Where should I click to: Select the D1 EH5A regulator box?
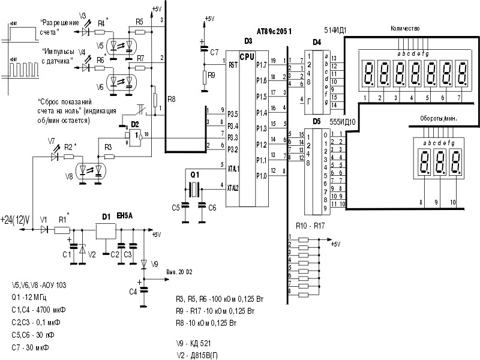106,231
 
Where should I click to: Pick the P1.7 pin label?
261,64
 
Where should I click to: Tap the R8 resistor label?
172,98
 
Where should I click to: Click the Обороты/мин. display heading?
433,119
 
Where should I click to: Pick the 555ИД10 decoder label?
344,121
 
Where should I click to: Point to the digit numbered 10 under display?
453,203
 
